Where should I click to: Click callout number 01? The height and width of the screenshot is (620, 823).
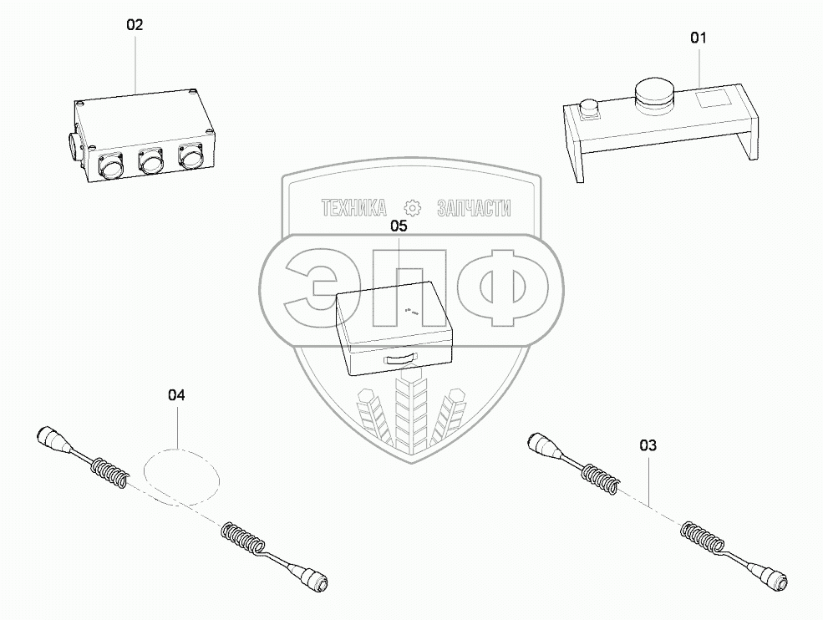(698, 38)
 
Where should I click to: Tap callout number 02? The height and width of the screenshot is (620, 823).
(135, 25)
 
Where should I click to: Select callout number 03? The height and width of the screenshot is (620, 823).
(648, 445)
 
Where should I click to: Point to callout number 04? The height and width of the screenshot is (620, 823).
(176, 395)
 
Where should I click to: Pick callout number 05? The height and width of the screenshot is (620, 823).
(399, 226)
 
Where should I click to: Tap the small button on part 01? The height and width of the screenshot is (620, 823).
(588, 109)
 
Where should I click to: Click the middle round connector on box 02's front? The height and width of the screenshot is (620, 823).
(150, 160)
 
